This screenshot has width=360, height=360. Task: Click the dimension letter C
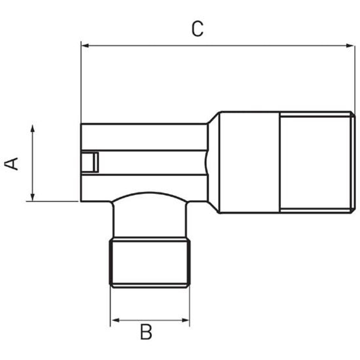point(198,29)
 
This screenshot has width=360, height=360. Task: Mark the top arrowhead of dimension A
point(32,129)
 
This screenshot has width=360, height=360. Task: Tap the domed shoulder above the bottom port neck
point(150,198)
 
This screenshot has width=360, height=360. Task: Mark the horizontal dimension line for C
point(216,45)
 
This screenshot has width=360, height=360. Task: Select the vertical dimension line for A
point(32,164)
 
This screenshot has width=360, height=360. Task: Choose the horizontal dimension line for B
point(150,321)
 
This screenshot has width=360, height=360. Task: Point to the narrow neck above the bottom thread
point(150,223)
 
